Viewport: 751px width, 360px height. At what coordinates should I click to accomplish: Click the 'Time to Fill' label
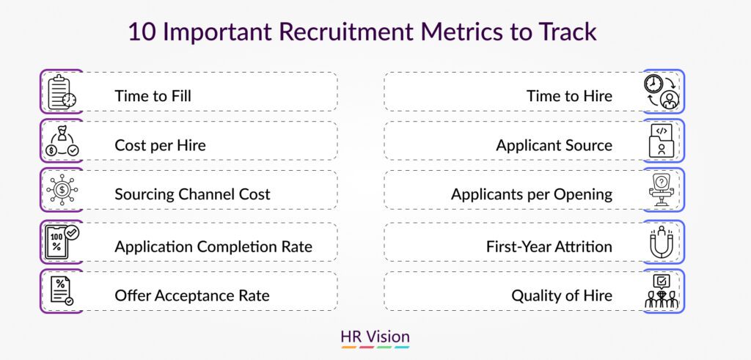153,96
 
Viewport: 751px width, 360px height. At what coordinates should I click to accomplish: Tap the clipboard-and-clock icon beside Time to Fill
62,92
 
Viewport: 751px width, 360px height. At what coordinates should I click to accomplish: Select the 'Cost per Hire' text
160,145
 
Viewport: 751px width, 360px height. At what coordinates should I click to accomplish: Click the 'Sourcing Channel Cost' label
193,194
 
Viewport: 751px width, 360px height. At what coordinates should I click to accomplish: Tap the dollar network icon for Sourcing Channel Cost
62,190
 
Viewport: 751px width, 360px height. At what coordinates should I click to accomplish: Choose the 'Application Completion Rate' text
213,246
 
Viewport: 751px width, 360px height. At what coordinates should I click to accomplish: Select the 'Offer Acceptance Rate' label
192,295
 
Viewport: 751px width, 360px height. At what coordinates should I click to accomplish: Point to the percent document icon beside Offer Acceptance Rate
62,290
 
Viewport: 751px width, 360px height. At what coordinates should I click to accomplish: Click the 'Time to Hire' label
569,96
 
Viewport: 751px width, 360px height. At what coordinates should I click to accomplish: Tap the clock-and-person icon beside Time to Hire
662,92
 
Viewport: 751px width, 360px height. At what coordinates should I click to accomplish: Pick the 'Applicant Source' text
554,145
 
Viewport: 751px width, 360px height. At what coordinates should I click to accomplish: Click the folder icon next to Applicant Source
662,141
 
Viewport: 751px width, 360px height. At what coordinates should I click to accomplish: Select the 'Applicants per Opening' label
532,194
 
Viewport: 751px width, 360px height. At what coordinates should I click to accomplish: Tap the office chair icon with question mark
662,190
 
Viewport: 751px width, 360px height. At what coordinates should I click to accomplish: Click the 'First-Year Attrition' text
549,246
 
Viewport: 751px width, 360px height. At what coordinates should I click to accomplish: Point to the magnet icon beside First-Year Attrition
662,242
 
